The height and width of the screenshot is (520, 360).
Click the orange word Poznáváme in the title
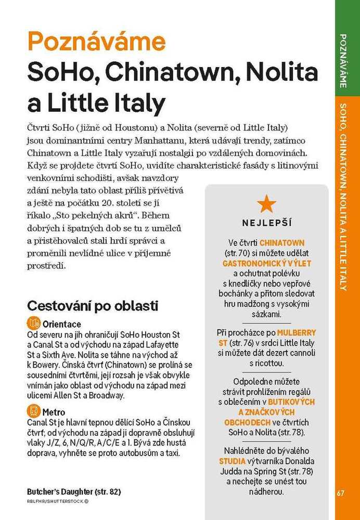click(x=96, y=42)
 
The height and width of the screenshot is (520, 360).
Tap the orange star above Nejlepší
click(x=267, y=204)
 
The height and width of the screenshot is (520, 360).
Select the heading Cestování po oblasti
click(x=93, y=305)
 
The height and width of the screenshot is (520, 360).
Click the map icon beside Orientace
click(x=34, y=323)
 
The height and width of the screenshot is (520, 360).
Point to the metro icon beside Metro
click(x=34, y=412)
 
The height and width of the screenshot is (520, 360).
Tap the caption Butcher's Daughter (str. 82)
click(x=74, y=491)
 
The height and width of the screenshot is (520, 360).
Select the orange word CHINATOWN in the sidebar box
click(x=282, y=243)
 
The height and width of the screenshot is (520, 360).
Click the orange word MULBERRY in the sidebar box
click(x=297, y=332)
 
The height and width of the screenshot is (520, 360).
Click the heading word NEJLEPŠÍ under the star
click(x=267, y=223)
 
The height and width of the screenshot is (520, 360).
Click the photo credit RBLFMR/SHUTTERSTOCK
click(x=58, y=502)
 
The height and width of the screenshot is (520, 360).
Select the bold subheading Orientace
click(x=62, y=323)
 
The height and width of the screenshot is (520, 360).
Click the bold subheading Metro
click(x=54, y=412)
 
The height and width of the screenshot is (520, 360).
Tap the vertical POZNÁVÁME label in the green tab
click(x=343, y=60)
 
